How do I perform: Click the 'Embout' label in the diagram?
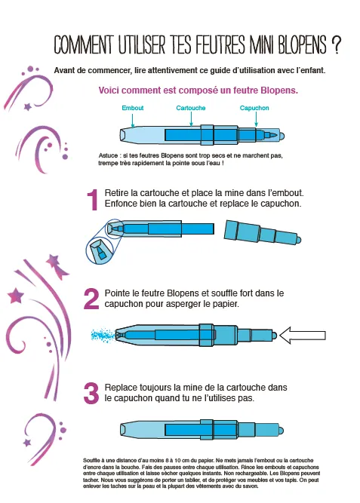pyautogui.click(x=132, y=108)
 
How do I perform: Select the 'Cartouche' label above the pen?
pyautogui.click(x=191, y=108)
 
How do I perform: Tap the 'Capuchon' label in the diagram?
pyautogui.click(x=254, y=108)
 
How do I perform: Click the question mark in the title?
pyautogui.click(x=336, y=44)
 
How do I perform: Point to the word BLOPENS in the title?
pyautogui.click(x=302, y=44)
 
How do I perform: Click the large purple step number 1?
pyautogui.click(x=93, y=200)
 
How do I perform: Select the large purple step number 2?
pyautogui.click(x=91, y=299)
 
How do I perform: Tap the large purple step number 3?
pyautogui.click(x=91, y=394)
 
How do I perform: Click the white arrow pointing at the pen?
pyautogui.click(x=303, y=336)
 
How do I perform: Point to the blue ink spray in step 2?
pyautogui.click(x=103, y=336)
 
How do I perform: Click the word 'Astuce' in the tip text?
pyautogui.click(x=108, y=155)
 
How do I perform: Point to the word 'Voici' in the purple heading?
pyautogui.click(x=109, y=90)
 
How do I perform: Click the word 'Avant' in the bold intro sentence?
pyautogui.click(x=64, y=70)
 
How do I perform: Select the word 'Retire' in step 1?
pyautogui.click(x=116, y=193)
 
